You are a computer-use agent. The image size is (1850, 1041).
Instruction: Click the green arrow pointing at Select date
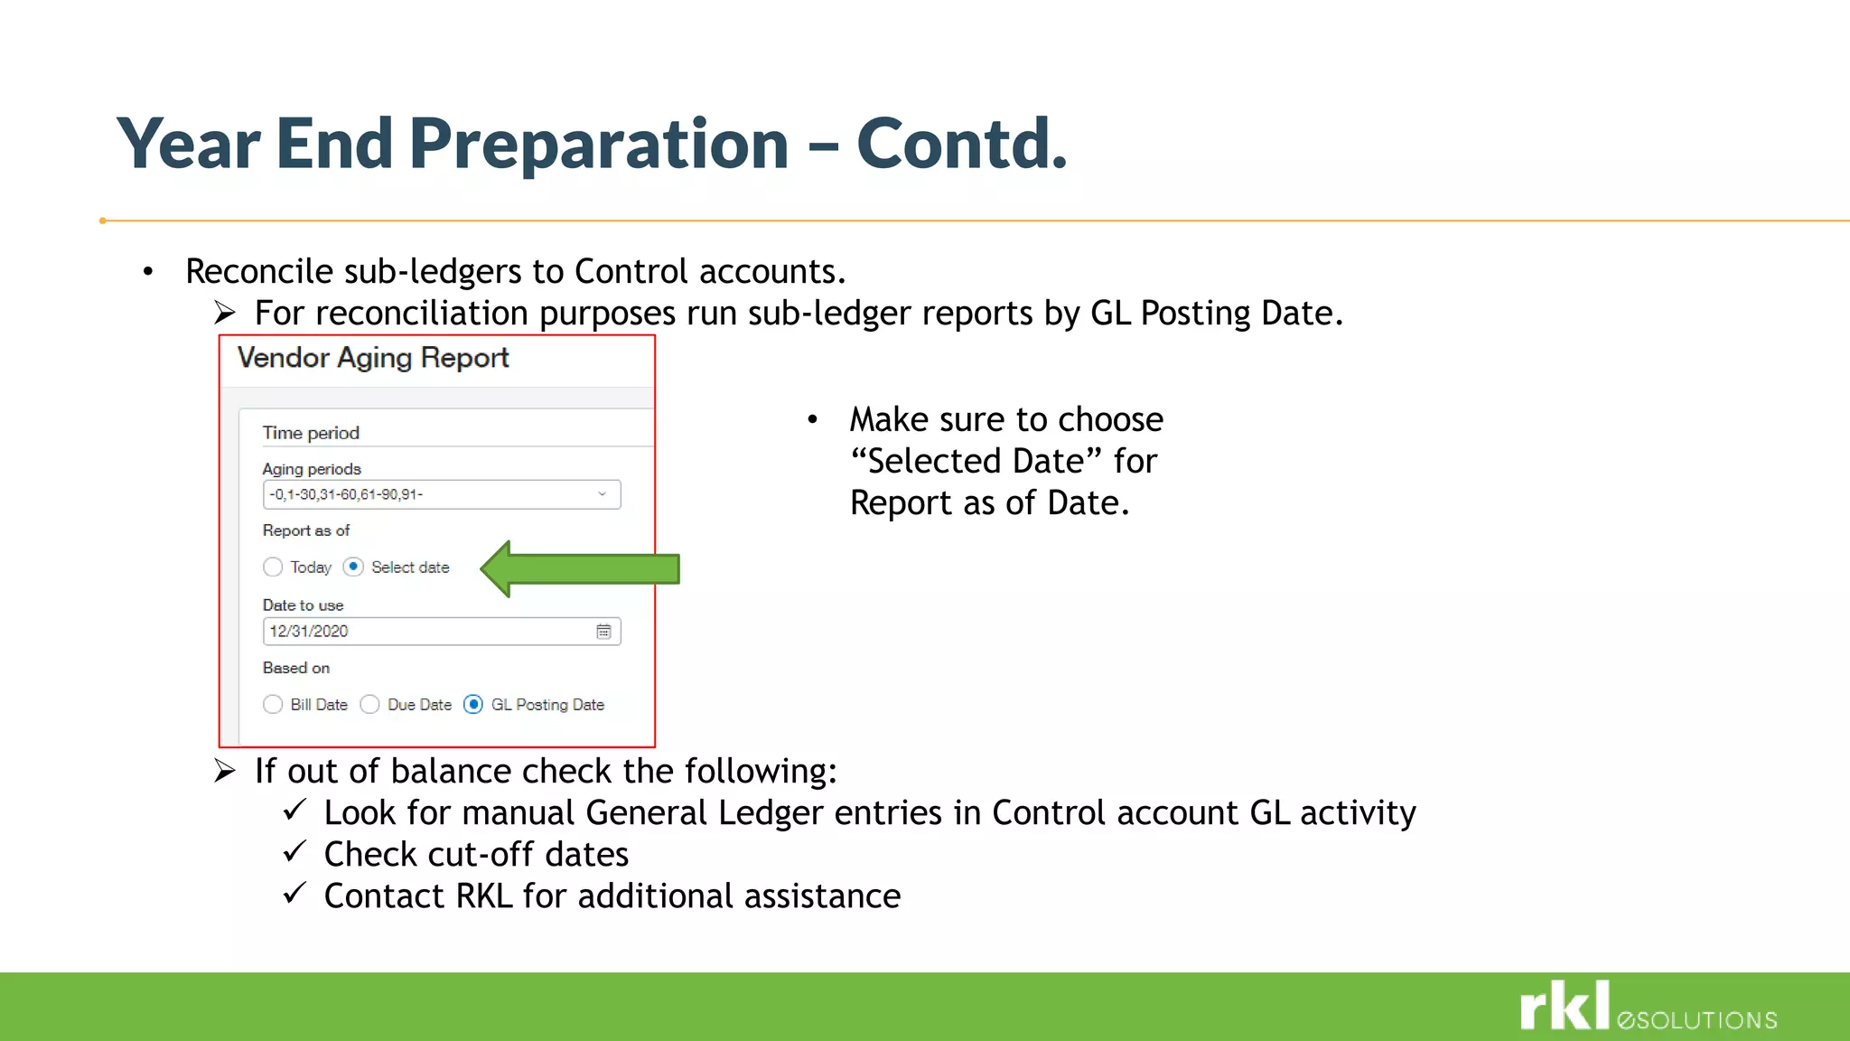[x=583, y=569]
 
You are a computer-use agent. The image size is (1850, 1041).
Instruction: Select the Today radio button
[x=273, y=567]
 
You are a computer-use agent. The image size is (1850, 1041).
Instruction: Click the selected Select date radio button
[x=353, y=567]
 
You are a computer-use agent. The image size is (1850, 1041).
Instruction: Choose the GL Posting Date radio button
[x=473, y=704]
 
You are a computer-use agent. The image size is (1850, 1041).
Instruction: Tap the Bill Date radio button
[x=273, y=704]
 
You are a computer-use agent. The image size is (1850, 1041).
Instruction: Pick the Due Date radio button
[x=369, y=704]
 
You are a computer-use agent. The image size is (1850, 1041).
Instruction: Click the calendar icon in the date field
[x=603, y=632]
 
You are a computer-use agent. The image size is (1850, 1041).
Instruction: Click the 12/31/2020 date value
[x=309, y=632]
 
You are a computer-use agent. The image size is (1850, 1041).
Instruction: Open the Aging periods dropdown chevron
[x=602, y=494]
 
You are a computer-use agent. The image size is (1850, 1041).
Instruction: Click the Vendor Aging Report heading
[x=373, y=358]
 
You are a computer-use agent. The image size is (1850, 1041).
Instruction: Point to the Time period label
[x=311, y=433]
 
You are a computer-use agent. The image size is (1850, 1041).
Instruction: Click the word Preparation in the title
[x=599, y=145]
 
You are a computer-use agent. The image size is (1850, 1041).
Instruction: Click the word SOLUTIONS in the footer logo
[x=1706, y=1020]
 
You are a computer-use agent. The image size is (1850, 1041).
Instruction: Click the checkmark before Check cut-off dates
[x=294, y=851]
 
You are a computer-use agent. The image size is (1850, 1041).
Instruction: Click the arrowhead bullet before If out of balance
[x=225, y=771]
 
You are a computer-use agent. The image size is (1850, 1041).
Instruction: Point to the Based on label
[x=296, y=668]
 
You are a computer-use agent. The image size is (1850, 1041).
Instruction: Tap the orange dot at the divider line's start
[x=103, y=220]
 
